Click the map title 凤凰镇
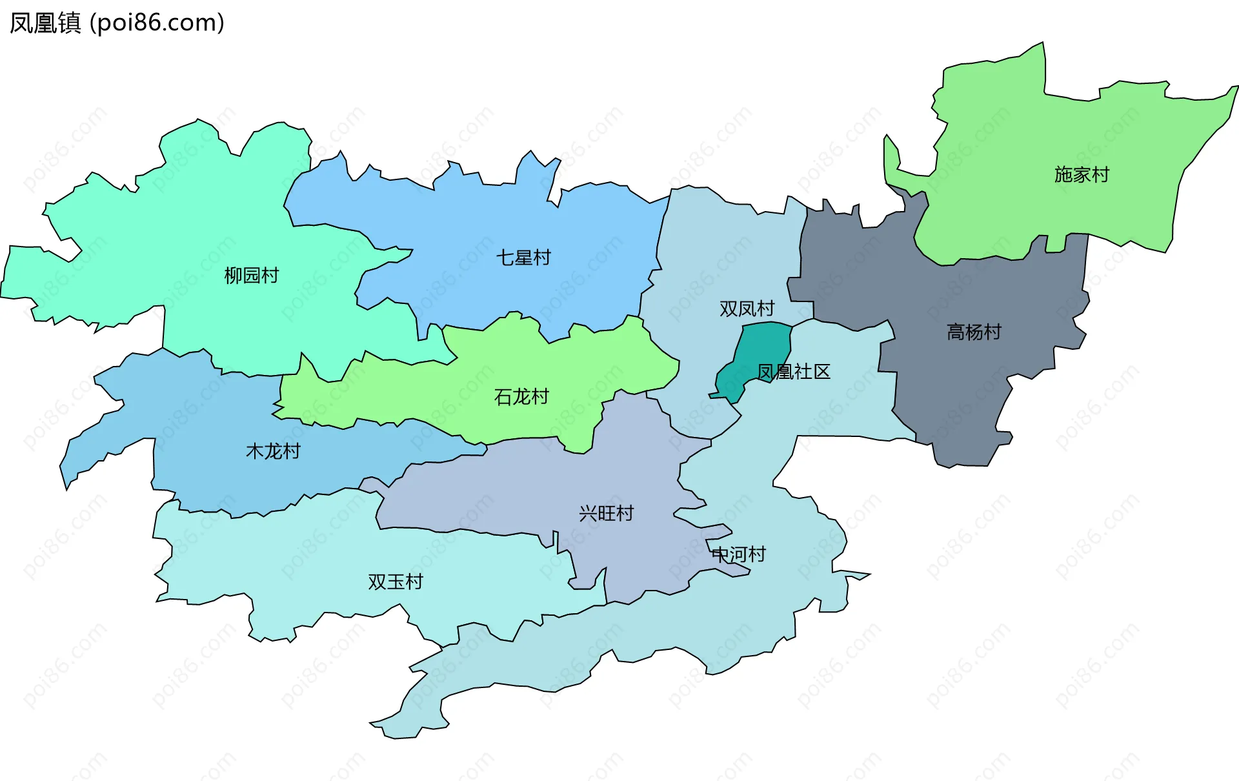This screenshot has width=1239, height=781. click(x=45, y=23)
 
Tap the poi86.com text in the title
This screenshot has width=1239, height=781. click(x=157, y=23)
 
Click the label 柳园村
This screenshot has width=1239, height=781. click(x=251, y=276)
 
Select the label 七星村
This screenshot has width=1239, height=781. click(x=523, y=258)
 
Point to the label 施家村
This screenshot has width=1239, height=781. click(x=1082, y=174)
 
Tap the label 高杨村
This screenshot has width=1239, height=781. click(x=974, y=332)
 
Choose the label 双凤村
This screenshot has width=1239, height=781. click(x=747, y=309)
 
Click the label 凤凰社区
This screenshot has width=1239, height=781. click(x=793, y=372)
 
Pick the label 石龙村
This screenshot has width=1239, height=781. click(x=521, y=396)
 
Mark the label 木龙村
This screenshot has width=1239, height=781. click(x=273, y=451)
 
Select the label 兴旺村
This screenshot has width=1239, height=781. click(x=606, y=513)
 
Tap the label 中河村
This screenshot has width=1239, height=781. click(x=738, y=554)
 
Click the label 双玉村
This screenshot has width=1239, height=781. click(x=395, y=582)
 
